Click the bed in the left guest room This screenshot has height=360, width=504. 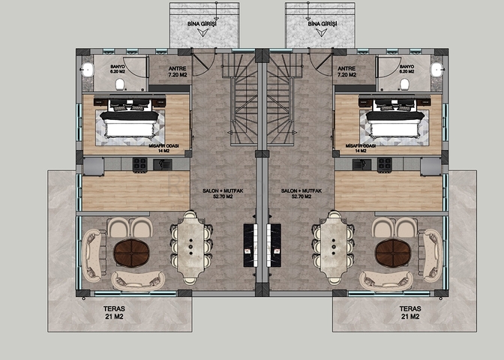tap(130, 120)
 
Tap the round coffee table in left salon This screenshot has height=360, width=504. tap(133, 254)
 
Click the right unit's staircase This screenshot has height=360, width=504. tap(279, 97)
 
